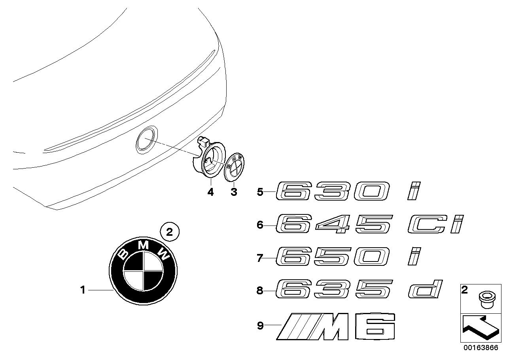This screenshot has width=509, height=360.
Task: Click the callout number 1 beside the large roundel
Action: [83, 290]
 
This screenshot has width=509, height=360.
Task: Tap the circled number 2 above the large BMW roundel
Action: [169, 233]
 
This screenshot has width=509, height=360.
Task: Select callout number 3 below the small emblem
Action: [234, 192]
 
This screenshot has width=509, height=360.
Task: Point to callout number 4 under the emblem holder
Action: [210, 192]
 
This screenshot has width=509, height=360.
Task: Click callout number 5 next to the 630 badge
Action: [260, 192]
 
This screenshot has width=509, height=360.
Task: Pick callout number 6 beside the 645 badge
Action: [260, 225]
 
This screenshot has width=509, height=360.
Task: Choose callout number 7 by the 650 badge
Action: [260, 258]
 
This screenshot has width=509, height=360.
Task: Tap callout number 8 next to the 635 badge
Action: [260, 291]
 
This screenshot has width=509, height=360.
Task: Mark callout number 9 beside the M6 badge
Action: [260, 326]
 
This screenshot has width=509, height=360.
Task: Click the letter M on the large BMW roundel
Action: [143, 245]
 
